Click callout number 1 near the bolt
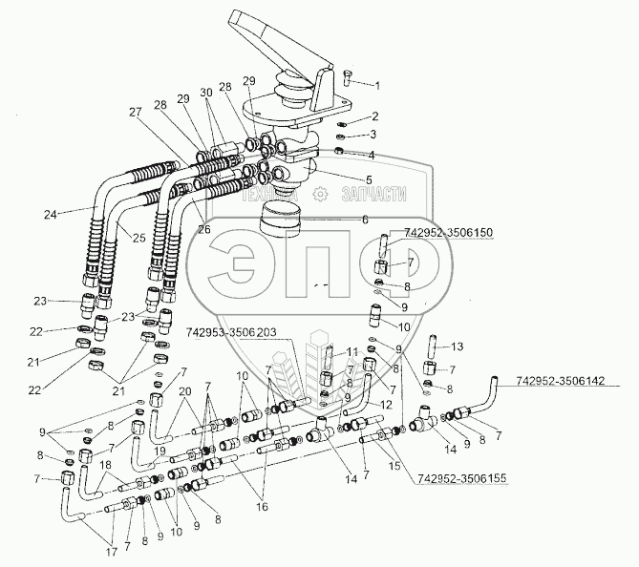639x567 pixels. point(375,84)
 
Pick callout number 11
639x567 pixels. point(352,351)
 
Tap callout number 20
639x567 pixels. point(184,391)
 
